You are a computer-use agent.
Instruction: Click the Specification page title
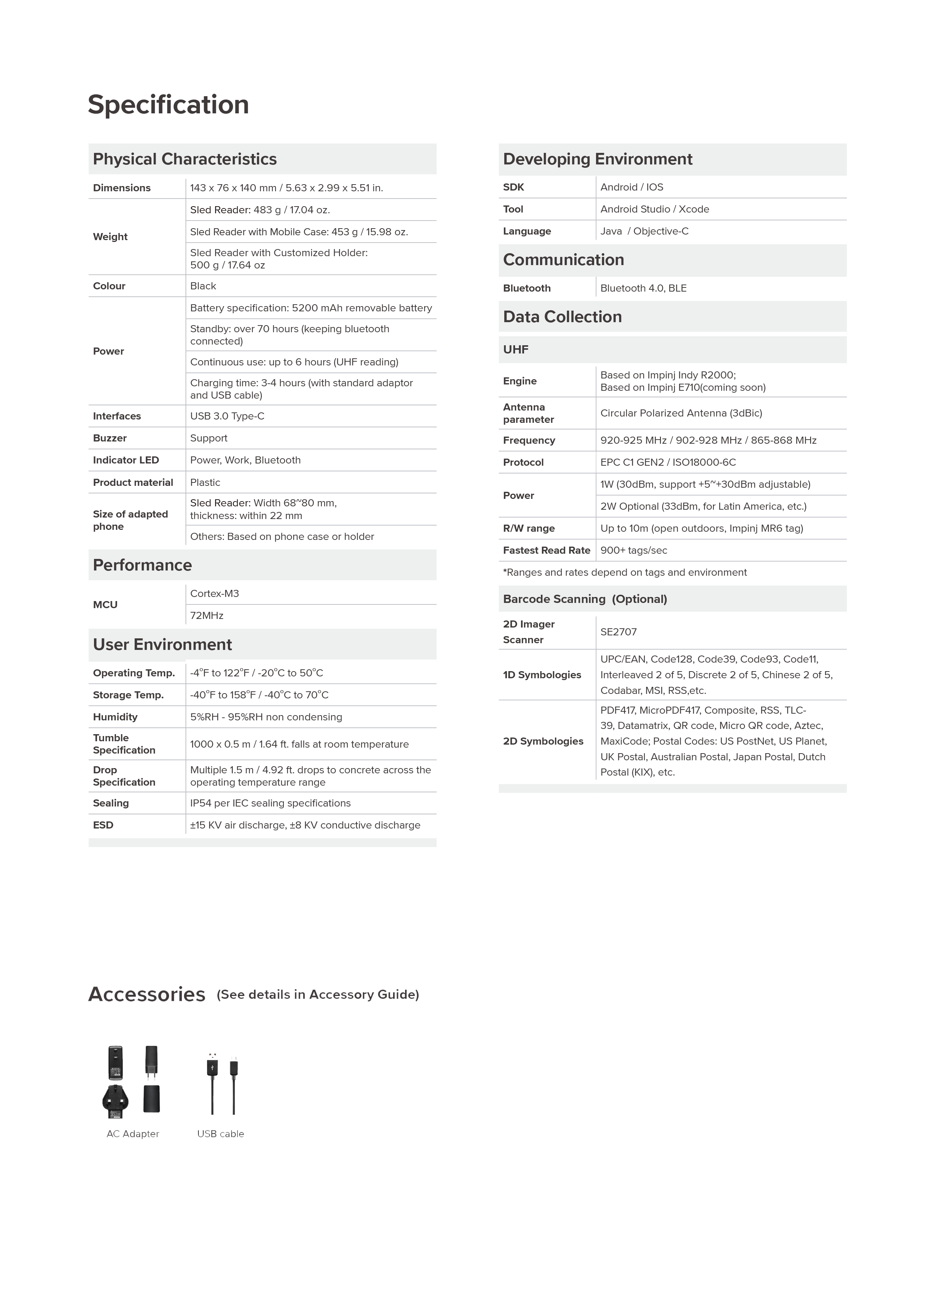168,105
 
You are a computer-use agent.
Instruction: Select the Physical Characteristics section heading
185,159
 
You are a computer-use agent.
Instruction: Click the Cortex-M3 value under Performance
214,594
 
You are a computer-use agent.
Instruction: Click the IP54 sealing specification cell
270,803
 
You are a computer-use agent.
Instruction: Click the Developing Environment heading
597,159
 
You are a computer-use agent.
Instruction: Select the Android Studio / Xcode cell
654,209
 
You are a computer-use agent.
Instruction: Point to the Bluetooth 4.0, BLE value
643,288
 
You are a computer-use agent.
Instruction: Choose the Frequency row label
528,440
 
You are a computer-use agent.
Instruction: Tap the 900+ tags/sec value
633,550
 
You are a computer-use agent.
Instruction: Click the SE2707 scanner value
618,632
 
